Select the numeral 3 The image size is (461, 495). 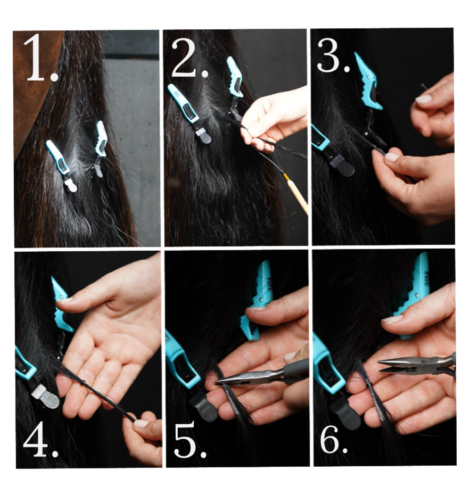tap(328, 55)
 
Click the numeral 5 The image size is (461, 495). tap(185, 440)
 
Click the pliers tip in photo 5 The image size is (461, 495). tap(217, 382)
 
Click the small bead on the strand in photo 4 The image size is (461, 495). tap(84, 383)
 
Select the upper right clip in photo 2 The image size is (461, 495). tap(235, 77)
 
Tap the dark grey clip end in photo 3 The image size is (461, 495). tap(342, 164)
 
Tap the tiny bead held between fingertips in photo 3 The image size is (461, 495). tap(423, 86)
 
